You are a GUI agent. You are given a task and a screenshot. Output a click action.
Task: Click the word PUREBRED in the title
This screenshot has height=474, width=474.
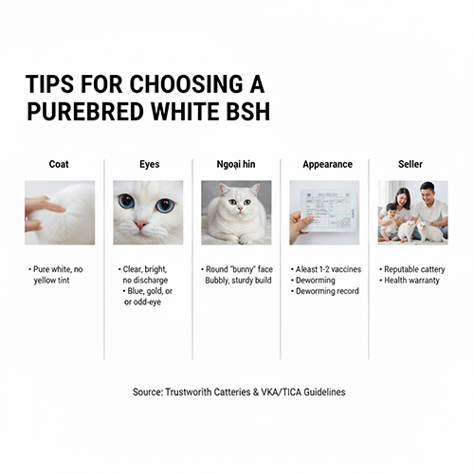(84, 111)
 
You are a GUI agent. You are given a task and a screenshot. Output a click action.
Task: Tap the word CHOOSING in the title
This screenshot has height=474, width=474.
(187, 83)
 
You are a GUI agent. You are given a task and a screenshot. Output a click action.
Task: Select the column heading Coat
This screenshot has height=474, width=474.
(59, 164)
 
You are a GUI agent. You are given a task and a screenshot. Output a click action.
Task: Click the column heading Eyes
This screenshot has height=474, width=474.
(150, 164)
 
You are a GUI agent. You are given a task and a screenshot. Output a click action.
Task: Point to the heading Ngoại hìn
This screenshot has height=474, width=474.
(236, 164)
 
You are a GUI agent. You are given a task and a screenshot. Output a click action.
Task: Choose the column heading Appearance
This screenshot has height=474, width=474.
(328, 164)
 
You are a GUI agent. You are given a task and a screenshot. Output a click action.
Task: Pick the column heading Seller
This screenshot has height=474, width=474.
(410, 164)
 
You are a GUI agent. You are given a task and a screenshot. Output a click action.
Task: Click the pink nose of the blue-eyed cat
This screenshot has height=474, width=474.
(140, 225)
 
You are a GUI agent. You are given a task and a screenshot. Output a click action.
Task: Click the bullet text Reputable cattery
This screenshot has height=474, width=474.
(414, 269)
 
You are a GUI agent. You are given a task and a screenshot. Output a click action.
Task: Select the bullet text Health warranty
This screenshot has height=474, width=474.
(411, 281)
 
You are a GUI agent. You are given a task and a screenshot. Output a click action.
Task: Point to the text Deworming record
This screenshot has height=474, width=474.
(327, 291)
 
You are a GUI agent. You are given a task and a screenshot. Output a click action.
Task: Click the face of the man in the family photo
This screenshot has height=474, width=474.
(426, 192)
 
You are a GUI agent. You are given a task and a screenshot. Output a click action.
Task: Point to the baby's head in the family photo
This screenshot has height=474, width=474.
(392, 210)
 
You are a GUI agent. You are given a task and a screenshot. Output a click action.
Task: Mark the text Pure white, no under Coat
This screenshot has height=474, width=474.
(58, 269)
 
